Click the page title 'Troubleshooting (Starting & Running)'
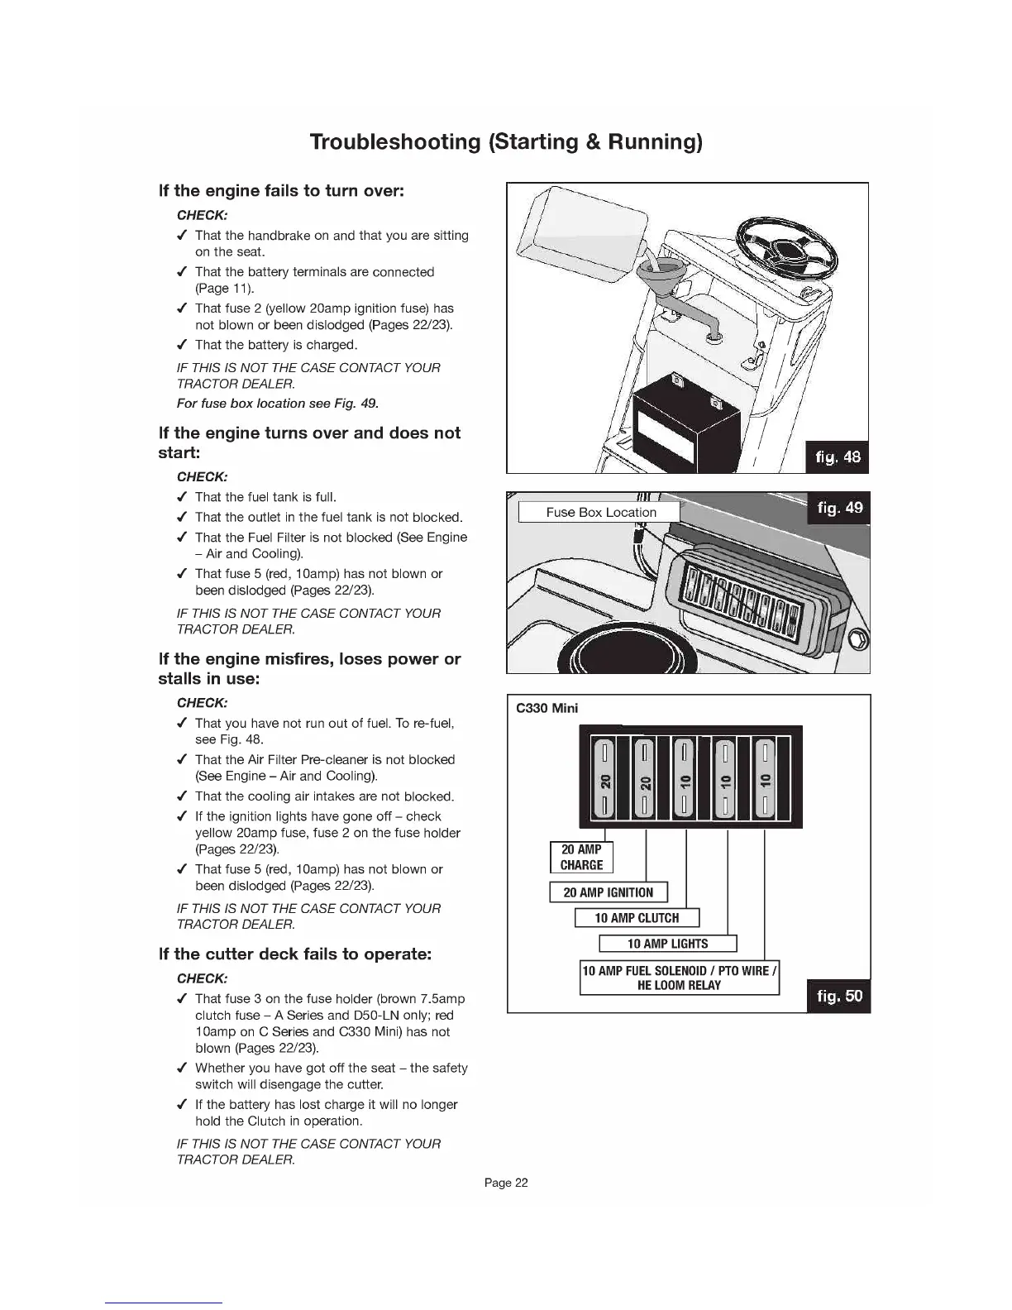506,141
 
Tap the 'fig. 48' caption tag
836,457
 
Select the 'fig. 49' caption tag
839,508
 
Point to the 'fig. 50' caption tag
839,996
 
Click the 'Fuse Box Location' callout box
600,512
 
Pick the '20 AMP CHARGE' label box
581,857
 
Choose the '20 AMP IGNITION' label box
608,892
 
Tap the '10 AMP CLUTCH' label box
637,918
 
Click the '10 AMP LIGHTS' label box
667,944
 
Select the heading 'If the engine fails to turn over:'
281,191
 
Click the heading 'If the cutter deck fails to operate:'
295,954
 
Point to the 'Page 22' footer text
506,1183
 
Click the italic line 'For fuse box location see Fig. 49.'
278,404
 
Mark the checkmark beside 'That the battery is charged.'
181,345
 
